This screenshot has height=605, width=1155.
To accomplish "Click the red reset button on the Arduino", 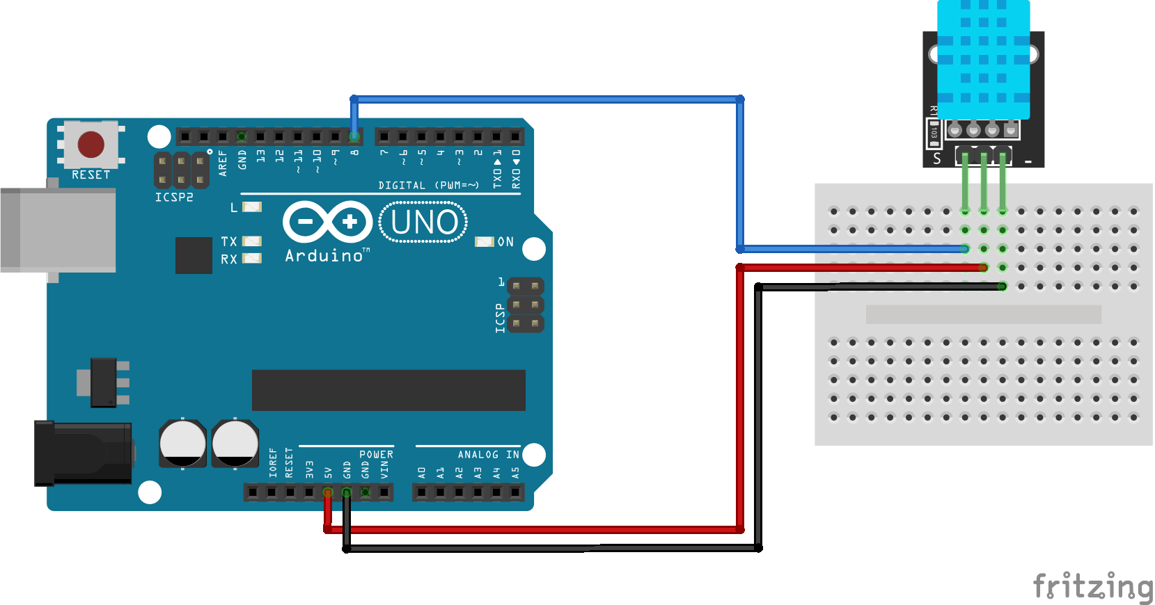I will (x=91, y=145).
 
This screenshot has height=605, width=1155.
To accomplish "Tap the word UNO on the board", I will (x=424, y=223).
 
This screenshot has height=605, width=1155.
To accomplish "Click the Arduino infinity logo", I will (x=327, y=222).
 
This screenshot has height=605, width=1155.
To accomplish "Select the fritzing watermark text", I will (x=1092, y=586).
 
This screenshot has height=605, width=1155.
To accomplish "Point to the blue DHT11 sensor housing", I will (x=983, y=59).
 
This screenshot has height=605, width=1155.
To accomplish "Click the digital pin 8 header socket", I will (x=354, y=136).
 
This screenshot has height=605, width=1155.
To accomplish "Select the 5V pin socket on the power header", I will (x=328, y=492).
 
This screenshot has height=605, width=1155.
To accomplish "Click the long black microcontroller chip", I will (x=388, y=390).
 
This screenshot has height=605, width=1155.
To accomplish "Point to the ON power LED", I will (x=484, y=241).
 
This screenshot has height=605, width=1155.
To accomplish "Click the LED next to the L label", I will (x=252, y=207).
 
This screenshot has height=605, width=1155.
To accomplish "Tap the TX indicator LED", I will (x=252, y=241).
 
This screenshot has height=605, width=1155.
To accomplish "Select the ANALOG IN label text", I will (x=488, y=454).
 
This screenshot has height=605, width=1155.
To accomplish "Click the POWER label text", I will (x=376, y=454).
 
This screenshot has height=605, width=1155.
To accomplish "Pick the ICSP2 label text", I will (x=174, y=197).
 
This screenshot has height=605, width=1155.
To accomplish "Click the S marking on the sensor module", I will (x=937, y=159).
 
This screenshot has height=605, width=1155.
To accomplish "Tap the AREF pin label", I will (x=223, y=163).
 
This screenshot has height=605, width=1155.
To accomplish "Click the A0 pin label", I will (x=422, y=473).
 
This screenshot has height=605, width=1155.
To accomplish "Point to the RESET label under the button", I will (x=91, y=175).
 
